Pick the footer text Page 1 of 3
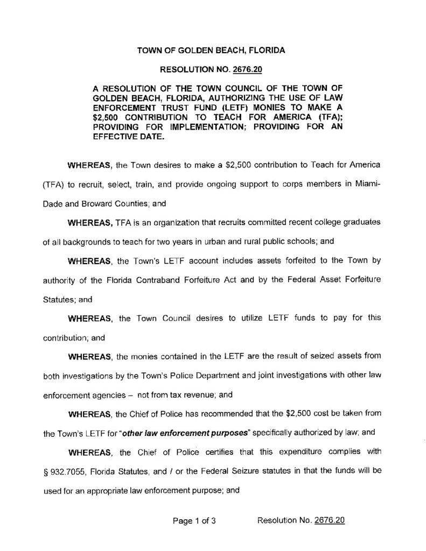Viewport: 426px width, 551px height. pos(194,520)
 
